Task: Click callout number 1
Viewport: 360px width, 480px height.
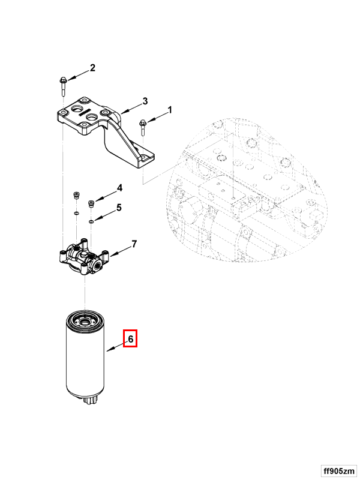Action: pos(170,110)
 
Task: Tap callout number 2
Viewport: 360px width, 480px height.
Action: pos(92,68)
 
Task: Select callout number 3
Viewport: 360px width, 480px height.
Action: pos(145,100)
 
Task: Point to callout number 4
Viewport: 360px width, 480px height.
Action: pos(119,188)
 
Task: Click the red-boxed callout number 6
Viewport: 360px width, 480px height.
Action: pos(130,339)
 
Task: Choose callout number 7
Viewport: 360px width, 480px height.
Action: pos(134,244)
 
